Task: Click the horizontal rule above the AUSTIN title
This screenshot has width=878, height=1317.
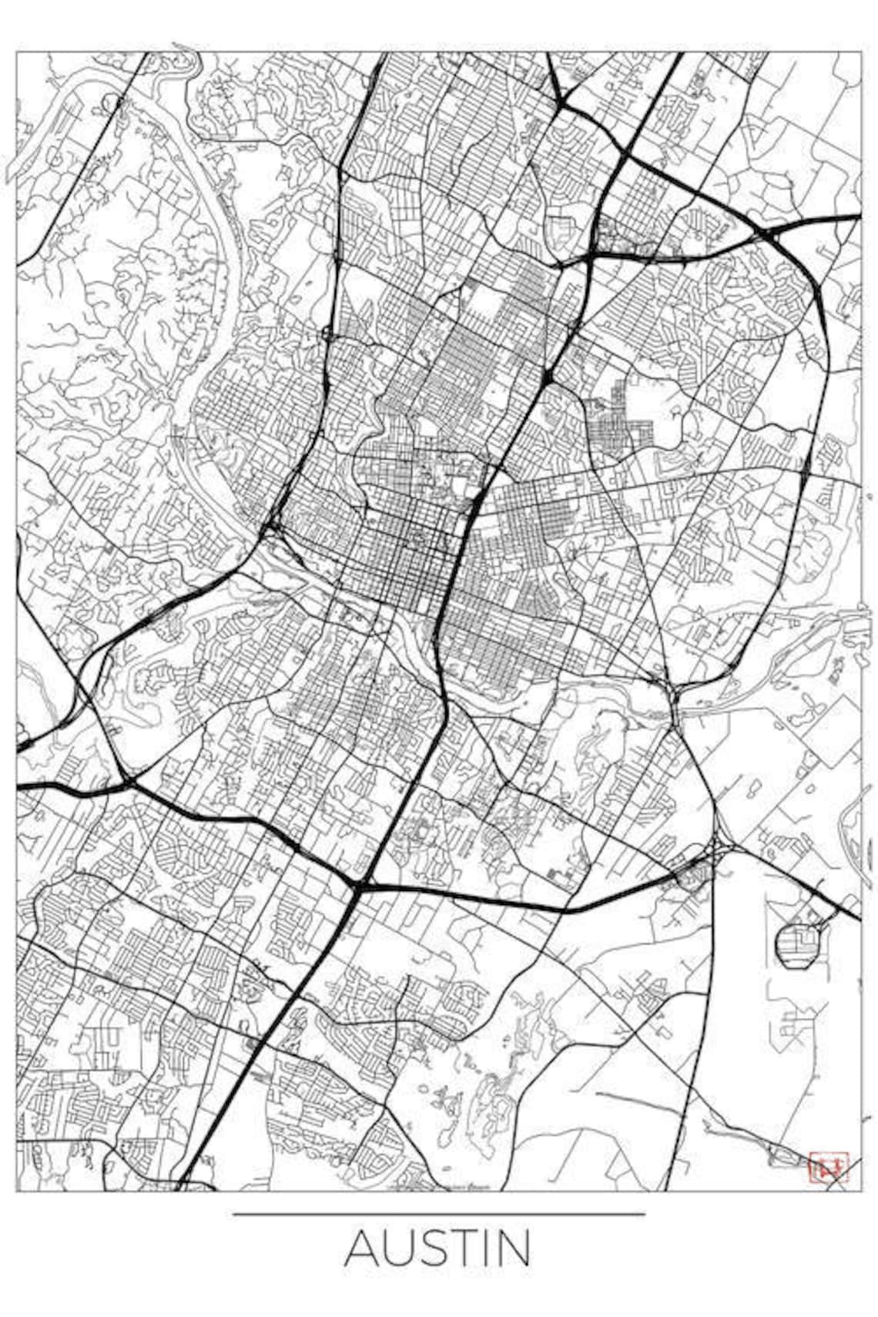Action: click(x=439, y=1215)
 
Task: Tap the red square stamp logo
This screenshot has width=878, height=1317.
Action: click(x=828, y=1167)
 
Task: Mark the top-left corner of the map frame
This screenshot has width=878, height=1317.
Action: click(x=17, y=52)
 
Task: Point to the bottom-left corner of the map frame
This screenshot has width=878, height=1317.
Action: click(x=17, y=1191)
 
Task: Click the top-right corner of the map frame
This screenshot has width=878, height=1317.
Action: click(x=860, y=52)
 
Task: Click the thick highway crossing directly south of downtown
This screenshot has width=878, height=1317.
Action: click(x=359, y=886)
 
